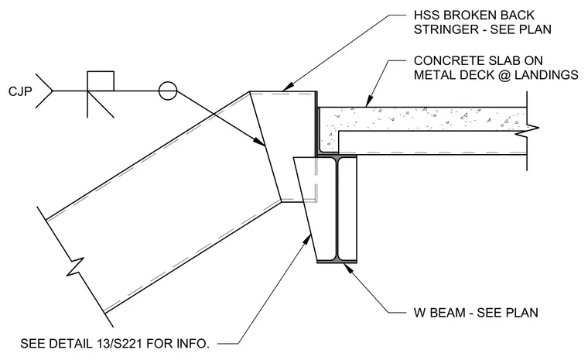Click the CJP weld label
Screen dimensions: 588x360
(20, 91)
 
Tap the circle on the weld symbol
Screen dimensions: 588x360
(168, 91)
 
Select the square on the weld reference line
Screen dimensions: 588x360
(101, 81)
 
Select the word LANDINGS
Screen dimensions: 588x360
(546, 75)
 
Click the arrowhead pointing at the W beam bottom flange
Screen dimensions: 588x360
(348, 268)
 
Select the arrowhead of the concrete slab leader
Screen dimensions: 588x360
(369, 101)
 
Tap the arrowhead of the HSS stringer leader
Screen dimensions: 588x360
(288, 87)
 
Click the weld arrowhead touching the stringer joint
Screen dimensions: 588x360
(259, 141)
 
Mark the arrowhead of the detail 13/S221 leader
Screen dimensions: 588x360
(307, 240)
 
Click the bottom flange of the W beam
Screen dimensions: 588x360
(337, 260)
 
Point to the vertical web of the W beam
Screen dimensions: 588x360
(337, 208)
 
